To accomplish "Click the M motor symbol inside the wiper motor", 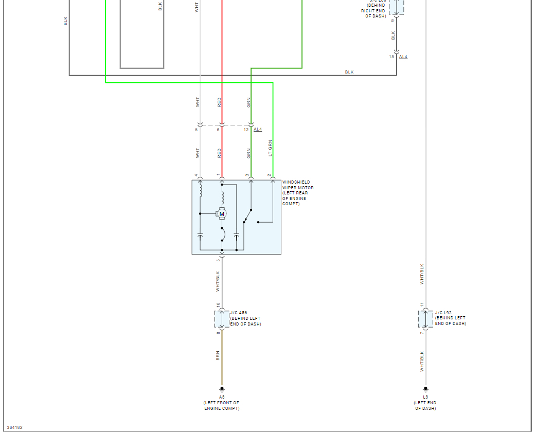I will coord(222,214).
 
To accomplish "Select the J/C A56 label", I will coord(239,313).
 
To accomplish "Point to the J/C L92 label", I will coord(443,313).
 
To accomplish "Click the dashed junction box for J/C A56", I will coord(222,319).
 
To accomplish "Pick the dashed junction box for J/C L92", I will coord(425,319).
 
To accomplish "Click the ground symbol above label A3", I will coord(222,389).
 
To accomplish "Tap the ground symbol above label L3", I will coord(425,389).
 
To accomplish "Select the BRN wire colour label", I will coord(218,355).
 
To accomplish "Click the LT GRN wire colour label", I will coord(270,149).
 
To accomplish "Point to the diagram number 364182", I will coord(14,427).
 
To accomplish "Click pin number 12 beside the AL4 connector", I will coord(246,130).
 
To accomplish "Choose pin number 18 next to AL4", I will coord(391,57).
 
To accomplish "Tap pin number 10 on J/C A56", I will coord(218,305).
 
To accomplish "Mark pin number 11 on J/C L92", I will coord(422,305).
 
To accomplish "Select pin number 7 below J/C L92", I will coord(422,333).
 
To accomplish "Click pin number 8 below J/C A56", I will coord(218,333).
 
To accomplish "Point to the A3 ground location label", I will coord(222,397).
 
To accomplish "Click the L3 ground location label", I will coord(425,397).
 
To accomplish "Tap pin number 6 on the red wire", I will coord(218,130).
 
